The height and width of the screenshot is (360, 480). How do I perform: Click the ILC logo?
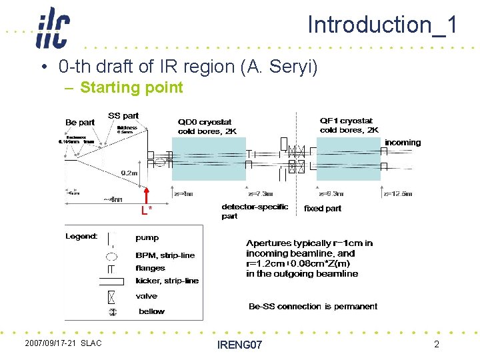[52, 28]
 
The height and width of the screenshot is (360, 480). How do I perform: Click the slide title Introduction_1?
[382, 25]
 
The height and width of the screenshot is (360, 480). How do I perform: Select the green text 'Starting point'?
[131, 87]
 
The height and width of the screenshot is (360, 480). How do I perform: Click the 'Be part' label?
[80, 122]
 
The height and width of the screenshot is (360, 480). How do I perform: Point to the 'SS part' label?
[123, 116]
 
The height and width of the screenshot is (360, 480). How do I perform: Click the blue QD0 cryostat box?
[209, 159]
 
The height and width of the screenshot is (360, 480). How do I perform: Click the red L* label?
[146, 211]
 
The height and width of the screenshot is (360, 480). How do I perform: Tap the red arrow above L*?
[146, 197]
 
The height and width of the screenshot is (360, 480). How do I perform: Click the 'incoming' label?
[403, 142]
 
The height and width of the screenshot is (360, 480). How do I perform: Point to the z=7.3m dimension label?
[259, 194]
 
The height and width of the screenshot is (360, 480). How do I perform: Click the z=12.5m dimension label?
[397, 194]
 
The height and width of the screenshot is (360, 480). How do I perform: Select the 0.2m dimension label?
[129, 173]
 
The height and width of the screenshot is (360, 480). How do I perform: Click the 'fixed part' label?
[323, 209]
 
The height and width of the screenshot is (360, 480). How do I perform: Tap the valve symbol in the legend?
[111, 296]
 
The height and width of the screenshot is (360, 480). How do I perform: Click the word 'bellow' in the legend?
[151, 311]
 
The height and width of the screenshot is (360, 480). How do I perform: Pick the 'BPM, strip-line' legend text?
[165, 255]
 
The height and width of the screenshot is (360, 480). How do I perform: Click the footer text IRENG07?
[240, 345]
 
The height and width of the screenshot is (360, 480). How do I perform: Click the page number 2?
[436, 344]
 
